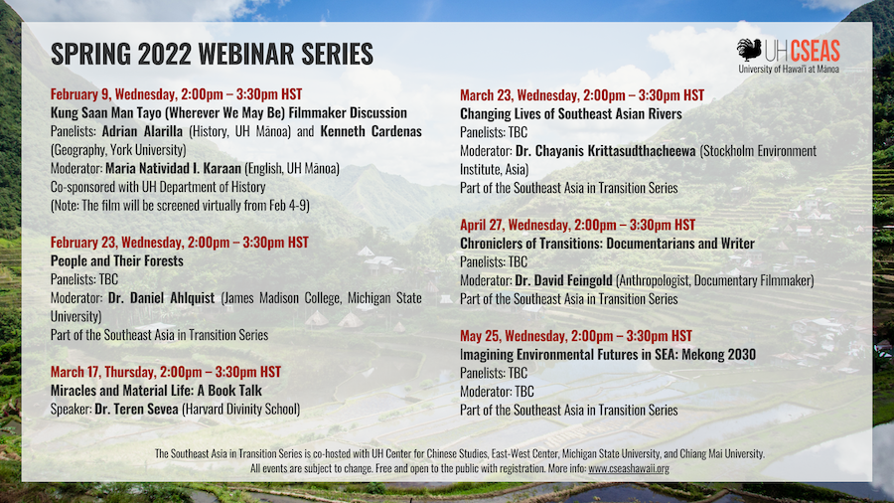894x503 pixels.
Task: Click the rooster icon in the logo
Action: pos(749,50)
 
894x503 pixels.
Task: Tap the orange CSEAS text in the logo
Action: pos(815,51)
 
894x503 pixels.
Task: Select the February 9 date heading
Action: pos(176,94)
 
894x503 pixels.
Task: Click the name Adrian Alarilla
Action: pos(142,131)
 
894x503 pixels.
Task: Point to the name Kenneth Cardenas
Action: pos(371,131)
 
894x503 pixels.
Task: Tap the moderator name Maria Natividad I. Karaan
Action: pos(173,168)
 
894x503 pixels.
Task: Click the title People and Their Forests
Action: pos(117,260)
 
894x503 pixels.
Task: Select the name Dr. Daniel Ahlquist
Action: pos(161,297)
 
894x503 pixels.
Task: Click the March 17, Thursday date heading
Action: pos(166,372)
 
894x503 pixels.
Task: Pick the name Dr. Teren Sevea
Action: pos(137,409)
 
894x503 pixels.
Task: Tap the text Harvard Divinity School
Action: pos(240,409)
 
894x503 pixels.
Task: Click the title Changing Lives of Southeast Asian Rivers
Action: pos(571,113)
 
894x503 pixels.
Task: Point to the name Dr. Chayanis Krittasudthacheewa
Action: pos(606,151)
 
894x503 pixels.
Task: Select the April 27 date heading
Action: pos(577,225)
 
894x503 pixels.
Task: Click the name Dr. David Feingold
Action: pos(563,280)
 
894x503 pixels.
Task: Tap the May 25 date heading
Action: pos(576,336)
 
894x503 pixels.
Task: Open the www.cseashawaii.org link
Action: pos(629,468)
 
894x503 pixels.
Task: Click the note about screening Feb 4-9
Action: pos(180,206)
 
